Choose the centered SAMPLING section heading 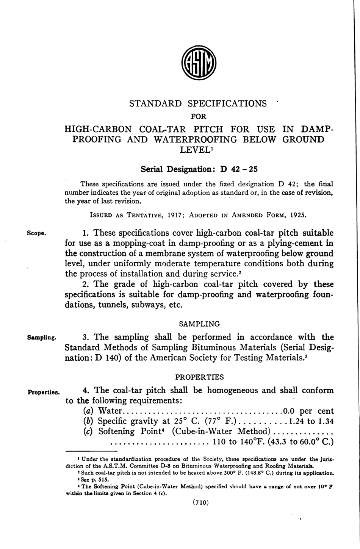(x=199, y=324)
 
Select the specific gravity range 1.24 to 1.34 (x=311, y=421)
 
